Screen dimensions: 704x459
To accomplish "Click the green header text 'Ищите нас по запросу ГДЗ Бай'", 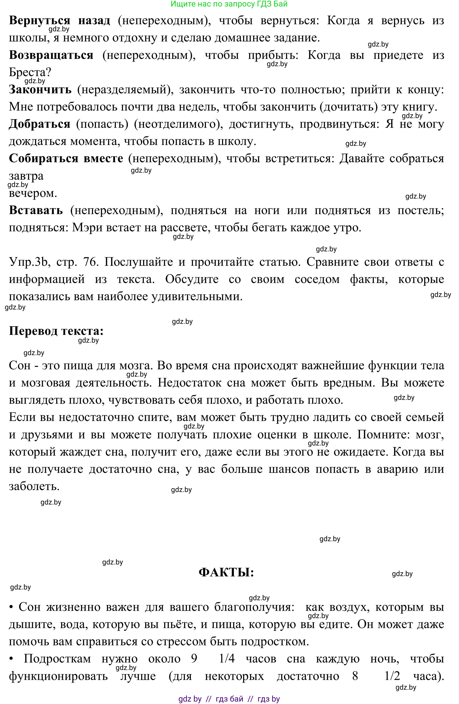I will (x=229, y=4).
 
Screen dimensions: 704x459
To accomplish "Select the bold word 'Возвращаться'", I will (x=51, y=55).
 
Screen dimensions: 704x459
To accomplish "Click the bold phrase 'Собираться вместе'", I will (x=66, y=159).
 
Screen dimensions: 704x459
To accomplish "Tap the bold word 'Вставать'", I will (x=36, y=210).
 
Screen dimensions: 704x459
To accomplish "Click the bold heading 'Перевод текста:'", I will (x=56, y=331).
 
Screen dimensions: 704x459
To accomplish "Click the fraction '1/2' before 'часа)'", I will (x=392, y=676).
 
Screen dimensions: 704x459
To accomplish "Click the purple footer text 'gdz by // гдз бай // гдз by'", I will (x=229, y=699).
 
